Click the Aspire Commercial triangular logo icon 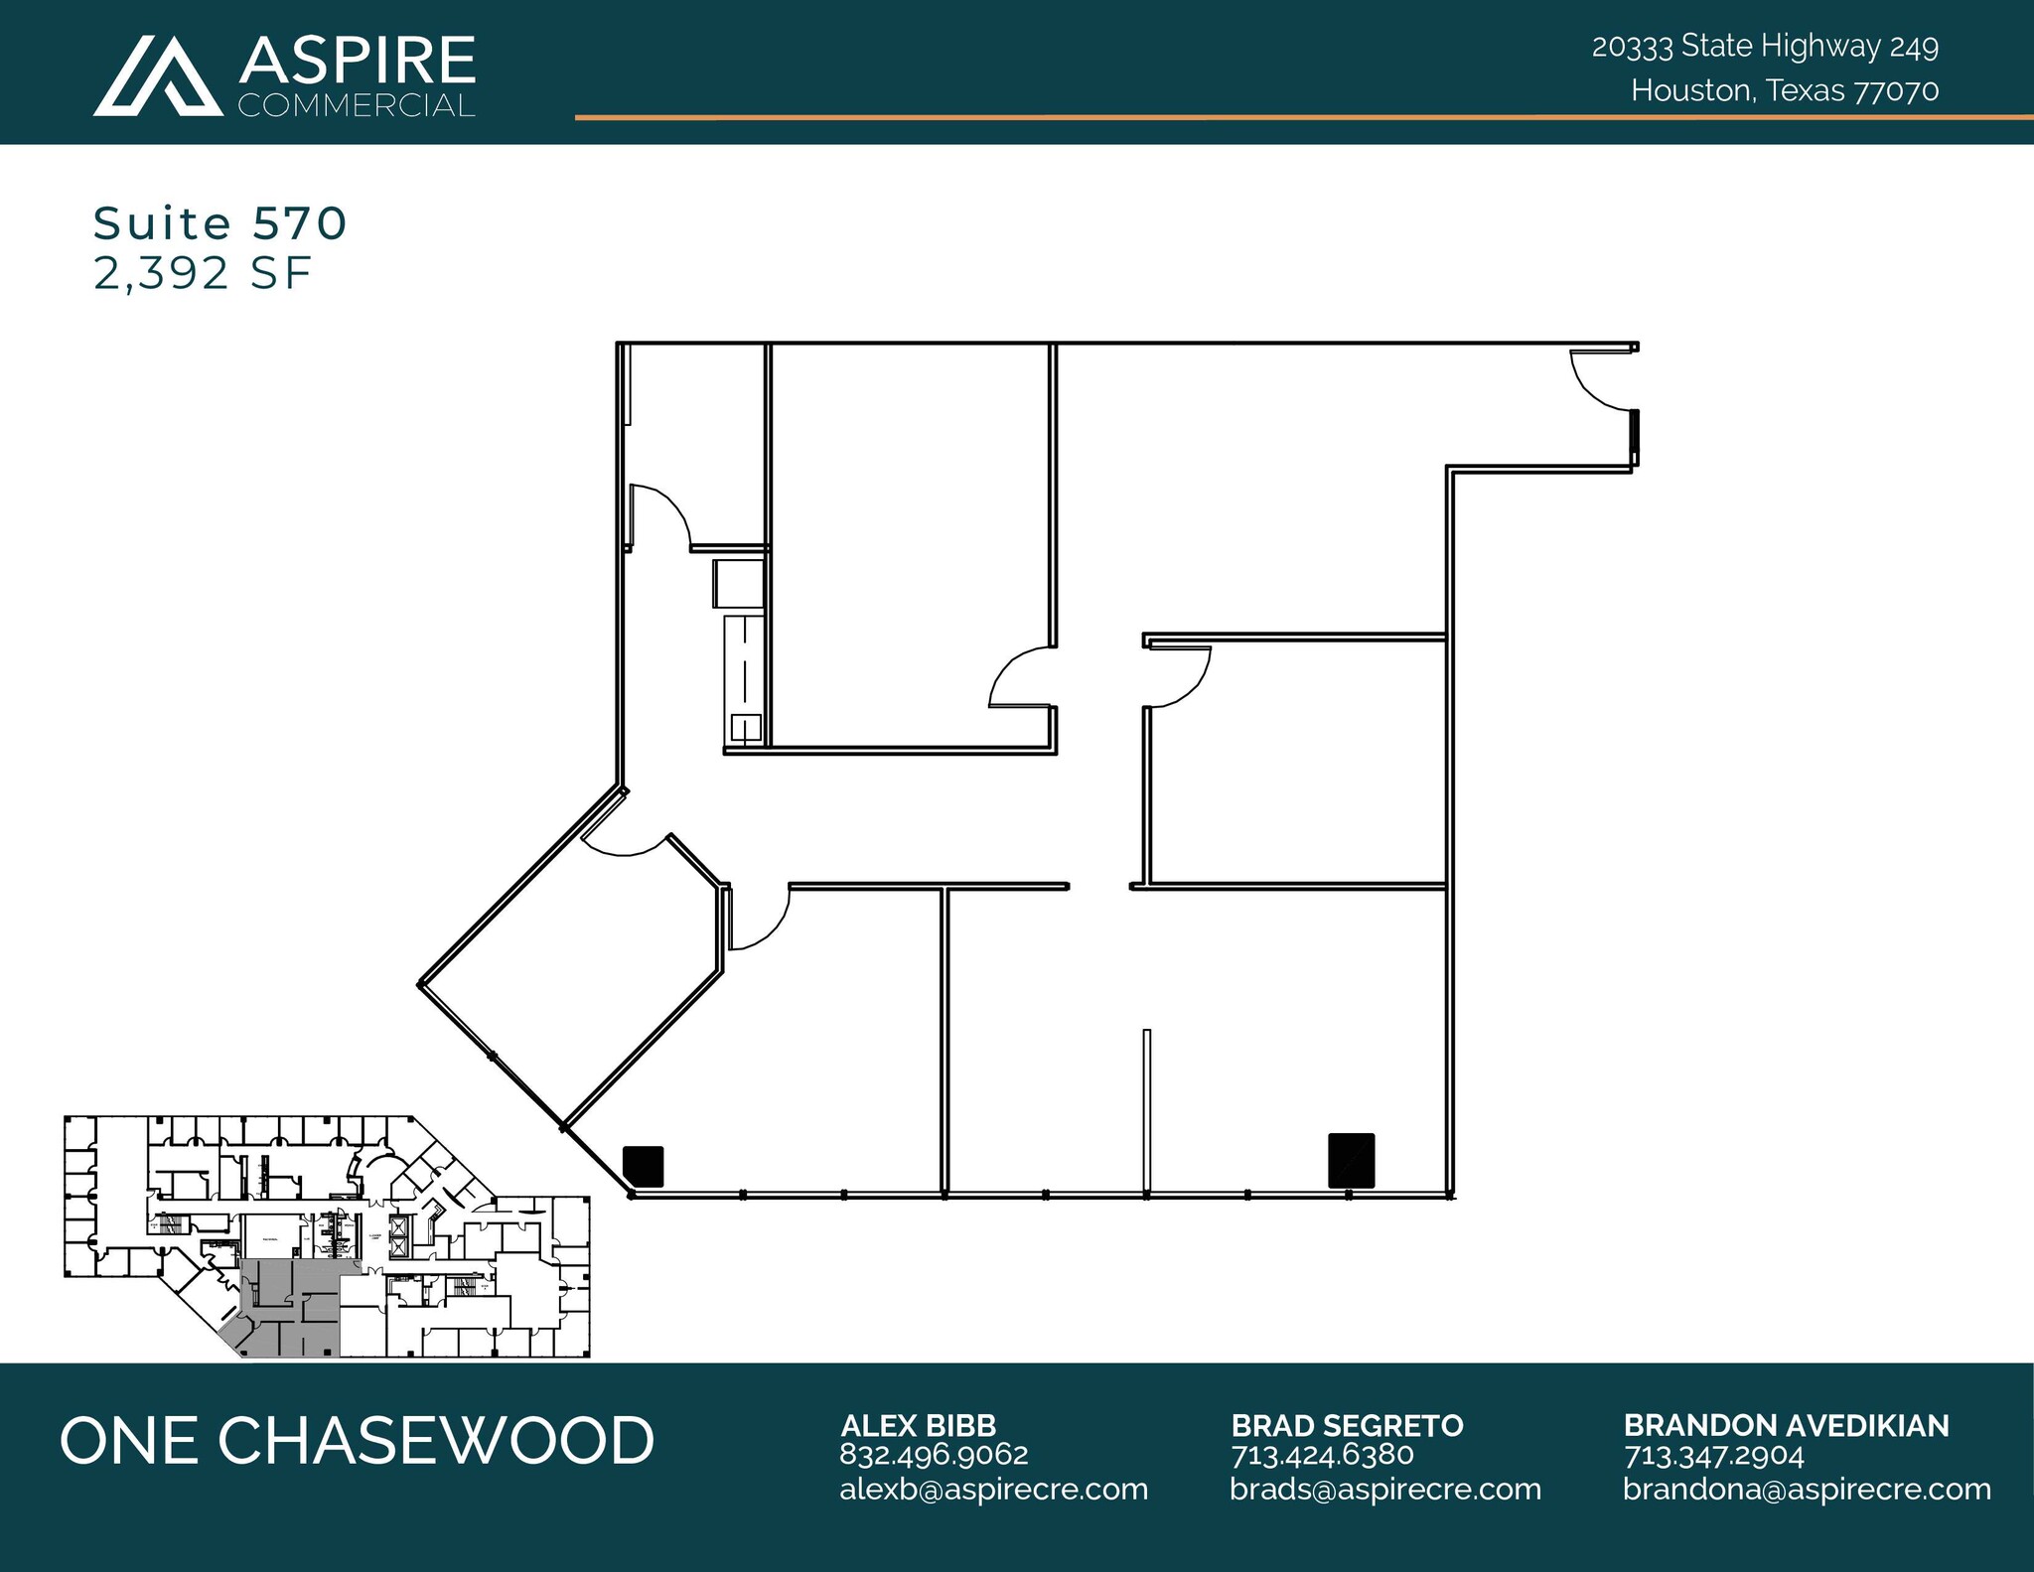(x=158, y=76)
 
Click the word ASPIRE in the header (x=358, y=62)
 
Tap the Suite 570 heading (x=219, y=223)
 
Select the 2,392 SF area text (x=203, y=273)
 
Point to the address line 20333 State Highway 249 (x=1765, y=47)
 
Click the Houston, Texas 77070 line (x=1784, y=91)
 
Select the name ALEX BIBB (x=918, y=1425)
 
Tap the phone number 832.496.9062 (x=934, y=1455)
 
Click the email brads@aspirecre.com (x=1384, y=1490)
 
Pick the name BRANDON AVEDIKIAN (x=1786, y=1425)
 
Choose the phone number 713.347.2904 (x=1713, y=1456)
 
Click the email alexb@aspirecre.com (x=993, y=1490)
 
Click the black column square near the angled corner (x=643, y=1166)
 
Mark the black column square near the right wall (x=1351, y=1160)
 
